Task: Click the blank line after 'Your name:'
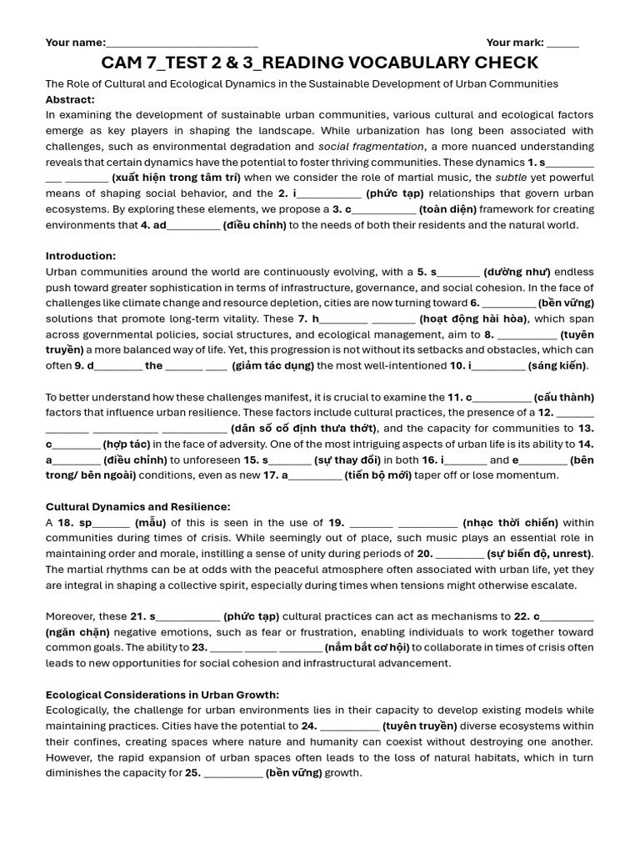tap(182, 43)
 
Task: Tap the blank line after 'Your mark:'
tap(562, 43)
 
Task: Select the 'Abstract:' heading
tap(70, 99)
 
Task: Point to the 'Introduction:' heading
tap(81, 256)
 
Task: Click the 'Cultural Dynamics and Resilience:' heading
tap(137, 506)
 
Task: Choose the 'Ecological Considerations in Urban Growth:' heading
tap(162, 695)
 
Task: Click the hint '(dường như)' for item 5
tap(517, 272)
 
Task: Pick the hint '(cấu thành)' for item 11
tap(564, 397)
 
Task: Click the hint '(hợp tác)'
tap(127, 444)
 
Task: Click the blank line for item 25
tap(233, 773)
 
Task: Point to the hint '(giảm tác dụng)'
tap(272, 365)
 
